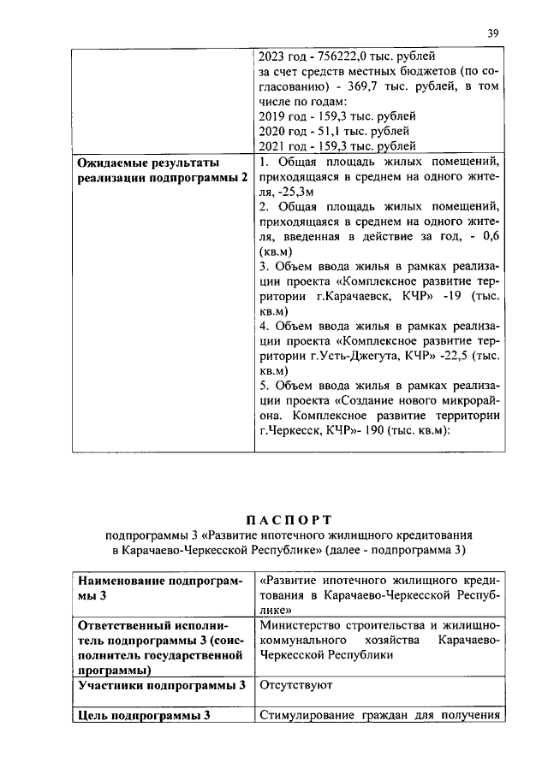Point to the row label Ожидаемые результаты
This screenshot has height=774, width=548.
click(x=148, y=162)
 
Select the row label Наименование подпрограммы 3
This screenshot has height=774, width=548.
click(x=158, y=587)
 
